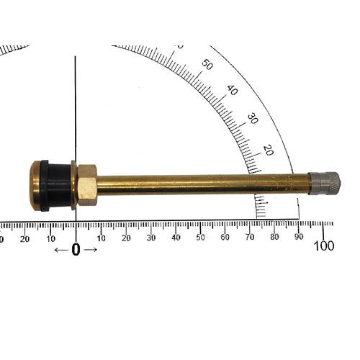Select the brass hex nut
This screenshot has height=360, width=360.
point(87,185)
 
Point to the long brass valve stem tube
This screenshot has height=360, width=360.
point(202,184)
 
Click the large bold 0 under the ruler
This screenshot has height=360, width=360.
point(76,250)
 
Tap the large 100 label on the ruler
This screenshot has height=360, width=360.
point(324,246)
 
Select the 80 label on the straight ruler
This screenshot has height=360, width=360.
point(275,237)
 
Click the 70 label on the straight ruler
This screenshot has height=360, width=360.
point(250,237)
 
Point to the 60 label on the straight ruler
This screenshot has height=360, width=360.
point(225,237)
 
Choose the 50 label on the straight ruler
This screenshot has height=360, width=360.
point(200,237)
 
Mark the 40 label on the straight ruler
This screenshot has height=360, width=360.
point(176,237)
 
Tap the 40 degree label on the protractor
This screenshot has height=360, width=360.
point(232,91)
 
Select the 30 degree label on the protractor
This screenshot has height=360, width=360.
point(253,118)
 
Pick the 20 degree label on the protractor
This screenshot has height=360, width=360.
point(268,149)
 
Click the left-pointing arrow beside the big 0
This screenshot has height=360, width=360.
point(61,250)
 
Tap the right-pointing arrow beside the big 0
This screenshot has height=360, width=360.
point(91,250)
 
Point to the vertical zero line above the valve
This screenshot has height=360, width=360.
point(76,108)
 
